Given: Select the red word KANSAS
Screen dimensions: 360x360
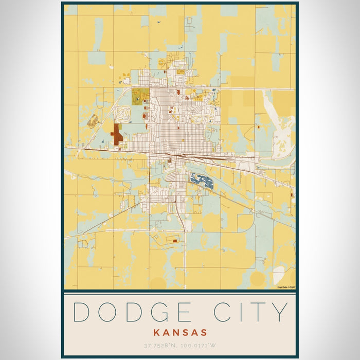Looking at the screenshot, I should coord(179,332).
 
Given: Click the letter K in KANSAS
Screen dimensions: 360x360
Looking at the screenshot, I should coord(156,332).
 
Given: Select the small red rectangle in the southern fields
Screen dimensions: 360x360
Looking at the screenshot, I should coord(175,240).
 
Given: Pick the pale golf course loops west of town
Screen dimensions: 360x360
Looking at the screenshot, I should coord(123,114).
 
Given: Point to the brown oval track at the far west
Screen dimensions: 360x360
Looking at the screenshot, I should coord(93,121).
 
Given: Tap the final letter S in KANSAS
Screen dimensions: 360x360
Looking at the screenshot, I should coord(203,332).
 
